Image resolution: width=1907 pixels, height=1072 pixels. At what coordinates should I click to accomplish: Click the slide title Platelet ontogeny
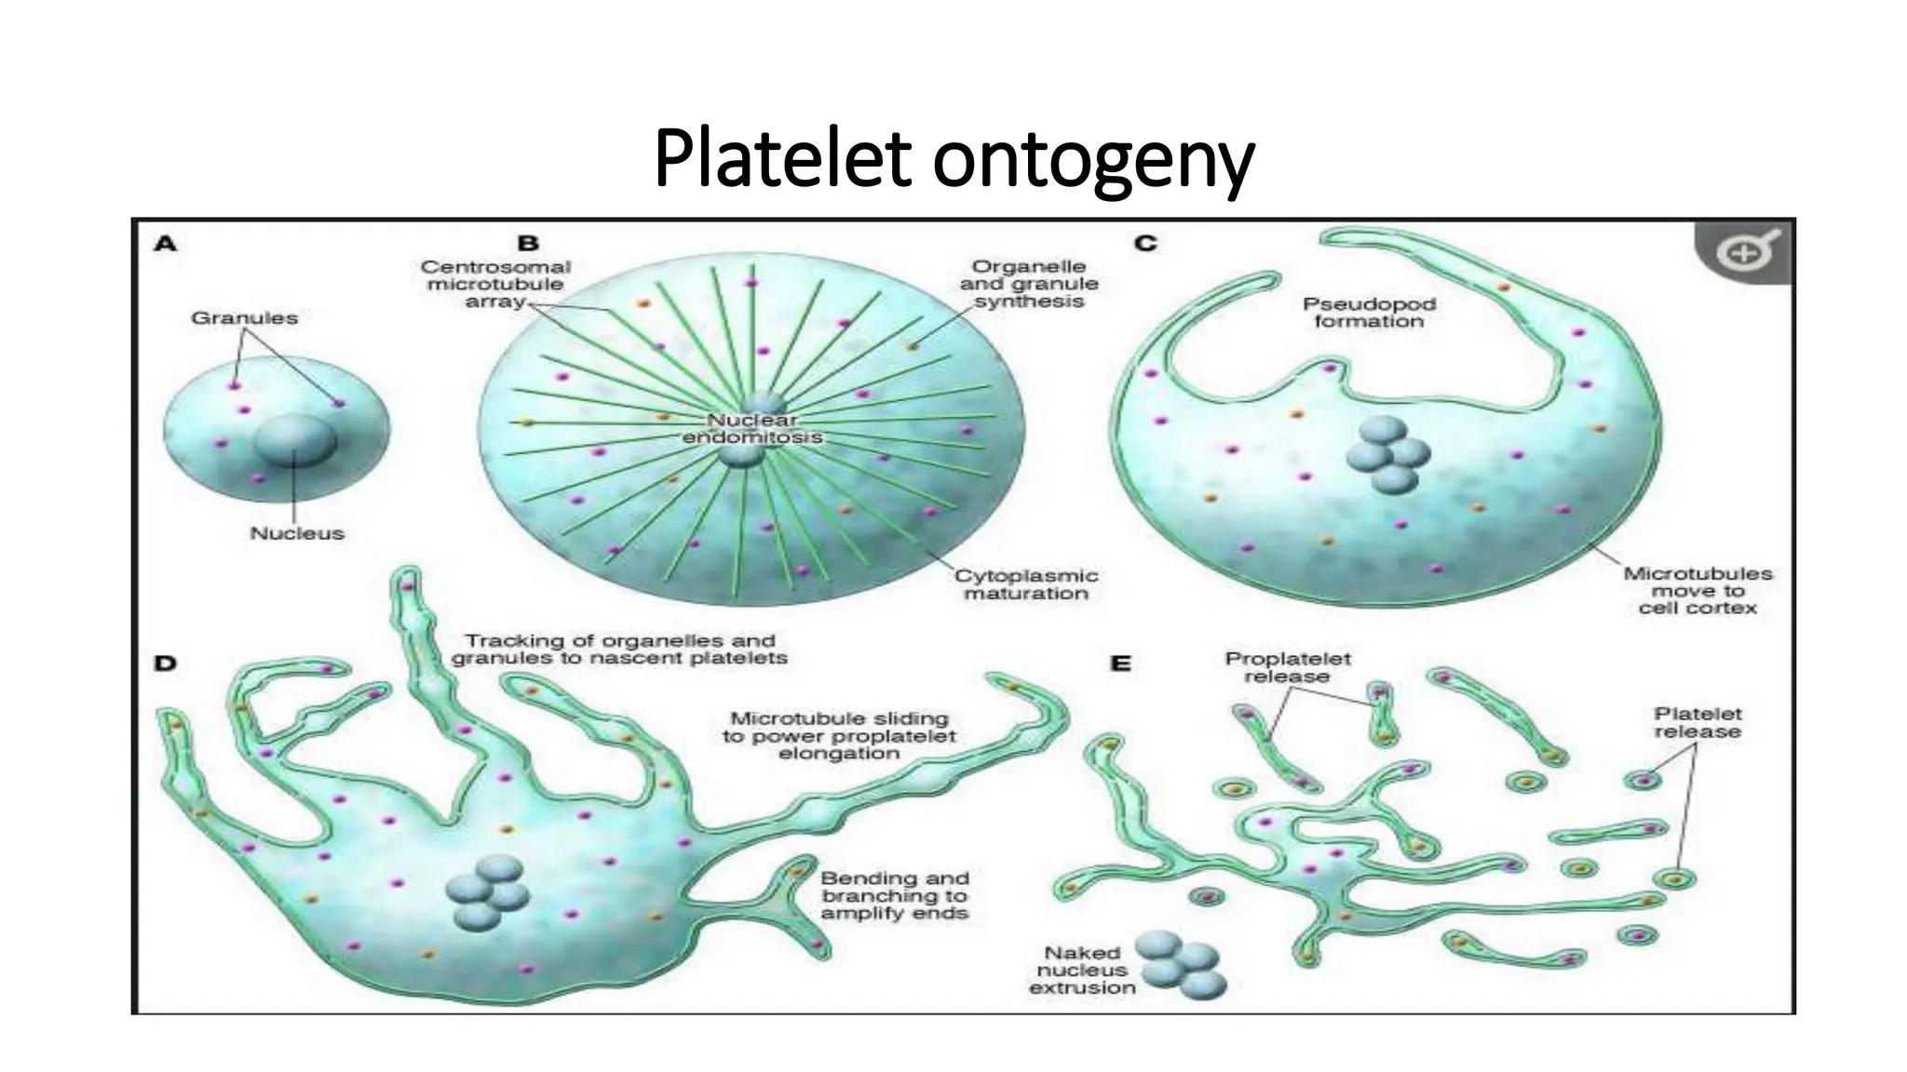pos(953,160)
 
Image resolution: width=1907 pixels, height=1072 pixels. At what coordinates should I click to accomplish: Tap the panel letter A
pos(165,245)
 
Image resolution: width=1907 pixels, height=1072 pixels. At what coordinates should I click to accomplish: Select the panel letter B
pos(528,244)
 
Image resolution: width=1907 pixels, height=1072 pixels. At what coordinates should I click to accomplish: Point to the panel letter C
pos(1145,244)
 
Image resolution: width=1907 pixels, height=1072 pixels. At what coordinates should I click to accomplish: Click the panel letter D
pos(165,664)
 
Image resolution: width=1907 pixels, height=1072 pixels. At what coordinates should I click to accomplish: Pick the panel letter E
pos(1120,664)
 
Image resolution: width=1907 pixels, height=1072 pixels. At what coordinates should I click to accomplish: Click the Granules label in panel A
pos(244,318)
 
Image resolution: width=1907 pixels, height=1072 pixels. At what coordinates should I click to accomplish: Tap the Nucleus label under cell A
pos(297,534)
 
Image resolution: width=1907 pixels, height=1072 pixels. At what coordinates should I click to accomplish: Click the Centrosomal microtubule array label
pos(494,284)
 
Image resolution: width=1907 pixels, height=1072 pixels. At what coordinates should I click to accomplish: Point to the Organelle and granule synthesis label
pos(1029,284)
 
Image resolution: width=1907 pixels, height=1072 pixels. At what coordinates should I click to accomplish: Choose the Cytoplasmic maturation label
pos(1026,584)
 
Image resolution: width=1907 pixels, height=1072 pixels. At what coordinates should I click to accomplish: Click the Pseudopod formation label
pos(1369,313)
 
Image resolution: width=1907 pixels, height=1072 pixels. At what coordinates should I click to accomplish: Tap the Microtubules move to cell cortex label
pos(1697,591)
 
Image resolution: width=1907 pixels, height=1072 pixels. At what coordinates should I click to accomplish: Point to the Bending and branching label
pos(895,895)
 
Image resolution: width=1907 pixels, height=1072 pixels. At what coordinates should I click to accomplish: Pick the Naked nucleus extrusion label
pos(1082,970)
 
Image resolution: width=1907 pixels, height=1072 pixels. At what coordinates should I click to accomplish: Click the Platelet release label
pos(1697,723)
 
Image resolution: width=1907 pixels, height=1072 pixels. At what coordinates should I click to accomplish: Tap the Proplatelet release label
pos(1287,667)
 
